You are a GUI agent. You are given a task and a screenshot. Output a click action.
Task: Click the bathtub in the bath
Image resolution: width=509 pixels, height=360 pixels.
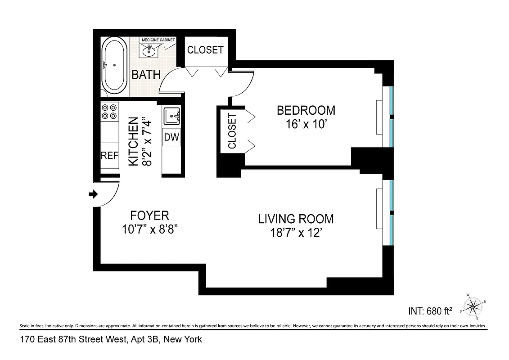pos(114,65)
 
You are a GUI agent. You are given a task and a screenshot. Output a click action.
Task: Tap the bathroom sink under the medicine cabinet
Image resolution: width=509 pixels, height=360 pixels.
pos(149,51)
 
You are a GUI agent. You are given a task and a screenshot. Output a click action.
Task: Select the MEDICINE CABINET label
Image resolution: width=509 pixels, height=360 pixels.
pos(158,40)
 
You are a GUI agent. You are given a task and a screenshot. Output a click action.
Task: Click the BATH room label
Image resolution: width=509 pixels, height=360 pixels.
pos(146,74)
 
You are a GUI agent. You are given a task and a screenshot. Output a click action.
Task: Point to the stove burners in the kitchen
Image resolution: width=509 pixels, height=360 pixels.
pos(109,112)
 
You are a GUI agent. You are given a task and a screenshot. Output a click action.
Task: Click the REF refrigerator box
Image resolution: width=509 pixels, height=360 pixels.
pos(109,156)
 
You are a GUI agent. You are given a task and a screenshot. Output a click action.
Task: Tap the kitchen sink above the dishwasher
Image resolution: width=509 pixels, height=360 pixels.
pos(171,117)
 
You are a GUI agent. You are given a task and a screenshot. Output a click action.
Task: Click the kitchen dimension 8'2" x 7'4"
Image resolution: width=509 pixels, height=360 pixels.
pos(140,142)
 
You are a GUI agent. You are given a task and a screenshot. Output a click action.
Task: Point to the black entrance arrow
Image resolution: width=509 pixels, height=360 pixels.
pos(93,194)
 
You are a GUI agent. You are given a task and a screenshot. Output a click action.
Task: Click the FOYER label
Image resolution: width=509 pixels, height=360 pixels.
pos(150,215)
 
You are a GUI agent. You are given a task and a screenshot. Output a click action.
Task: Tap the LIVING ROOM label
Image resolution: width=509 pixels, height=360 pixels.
pos(296,219)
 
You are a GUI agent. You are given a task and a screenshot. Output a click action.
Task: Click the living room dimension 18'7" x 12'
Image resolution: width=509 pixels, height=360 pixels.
pos(296,234)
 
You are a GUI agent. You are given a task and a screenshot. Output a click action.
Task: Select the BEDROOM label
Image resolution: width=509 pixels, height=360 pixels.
pos(306,110)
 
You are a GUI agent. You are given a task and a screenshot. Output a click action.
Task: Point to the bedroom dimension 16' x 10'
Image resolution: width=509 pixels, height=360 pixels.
pos(306,124)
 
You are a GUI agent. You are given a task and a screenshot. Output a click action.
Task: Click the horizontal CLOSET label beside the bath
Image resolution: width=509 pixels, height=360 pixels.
pos(205,50)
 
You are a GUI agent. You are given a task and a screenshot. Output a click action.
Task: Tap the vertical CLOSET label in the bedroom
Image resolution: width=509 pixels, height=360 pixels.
pos(232,131)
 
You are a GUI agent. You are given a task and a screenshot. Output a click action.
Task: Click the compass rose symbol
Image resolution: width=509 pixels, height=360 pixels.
pos(472,307)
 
